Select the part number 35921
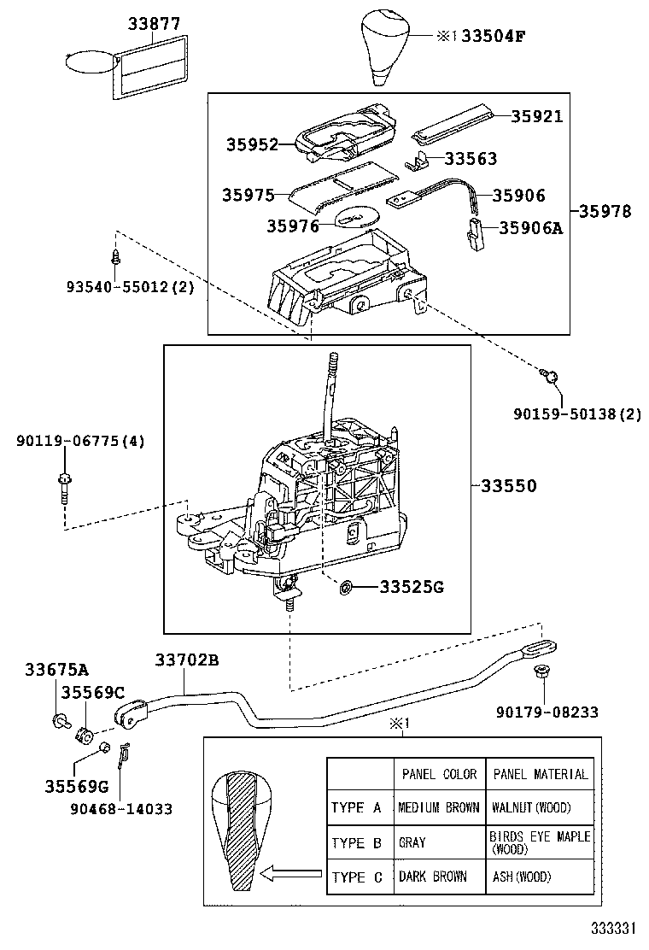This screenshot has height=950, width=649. click(537, 116)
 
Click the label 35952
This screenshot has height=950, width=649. click(253, 145)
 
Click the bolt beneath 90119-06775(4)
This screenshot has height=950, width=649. click(65, 486)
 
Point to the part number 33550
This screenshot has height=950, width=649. click(509, 486)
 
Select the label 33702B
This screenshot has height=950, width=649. click(187, 660)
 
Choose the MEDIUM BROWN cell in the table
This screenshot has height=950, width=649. click(438, 807)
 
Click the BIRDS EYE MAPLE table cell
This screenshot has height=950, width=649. click(539, 842)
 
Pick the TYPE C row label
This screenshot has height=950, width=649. click(357, 877)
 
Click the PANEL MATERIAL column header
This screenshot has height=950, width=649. click(540, 774)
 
